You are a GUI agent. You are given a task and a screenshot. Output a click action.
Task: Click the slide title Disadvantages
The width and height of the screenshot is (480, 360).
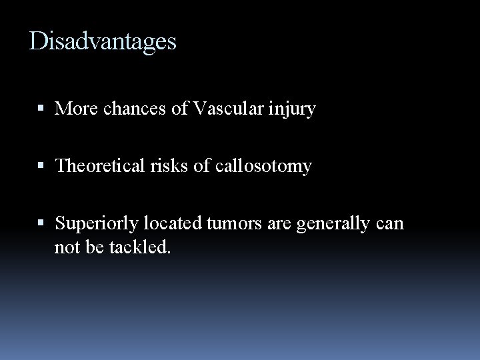[x=103, y=42]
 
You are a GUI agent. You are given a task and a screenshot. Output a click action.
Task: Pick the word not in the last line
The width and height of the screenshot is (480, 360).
[x=66, y=248]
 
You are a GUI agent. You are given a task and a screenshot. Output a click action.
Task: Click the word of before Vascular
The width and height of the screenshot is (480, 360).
[x=180, y=108]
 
